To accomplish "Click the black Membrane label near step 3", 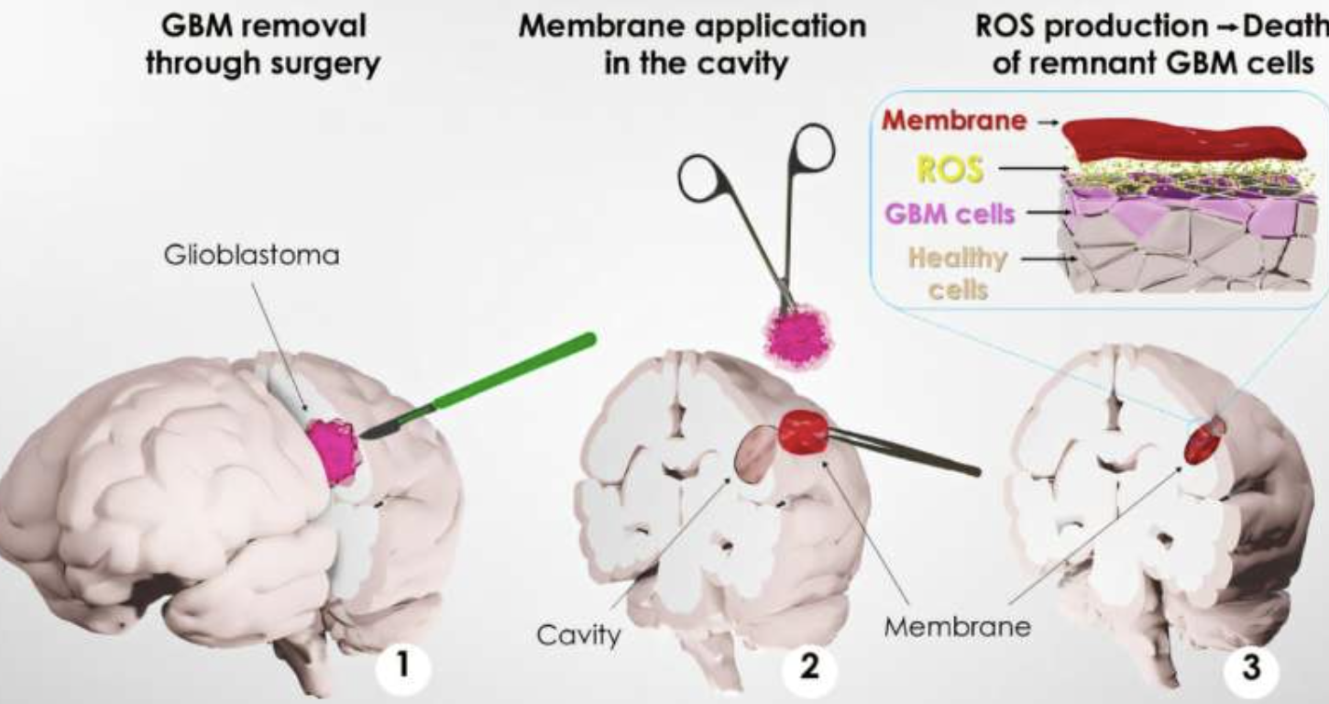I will click(x=957, y=627).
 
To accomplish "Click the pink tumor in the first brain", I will click(x=334, y=450).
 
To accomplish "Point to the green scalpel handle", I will click(x=513, y=372).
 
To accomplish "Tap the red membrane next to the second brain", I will click(x=804, y=432).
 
